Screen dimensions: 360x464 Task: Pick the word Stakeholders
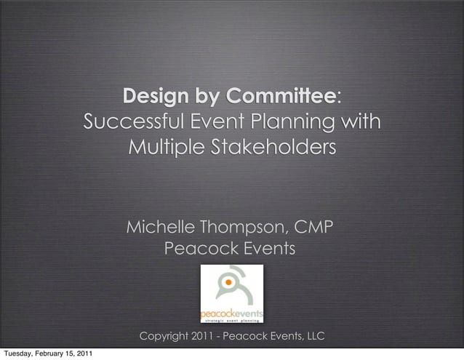(x=272, y=148)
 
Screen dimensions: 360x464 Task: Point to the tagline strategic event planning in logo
(x=232, y=319)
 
